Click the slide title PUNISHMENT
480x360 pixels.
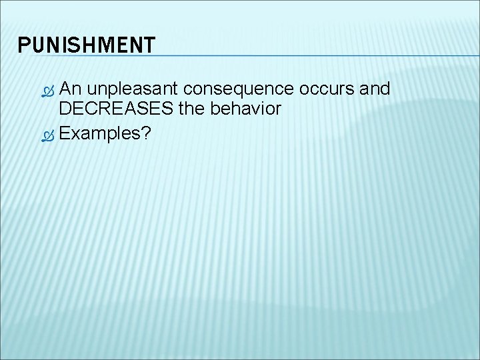87,45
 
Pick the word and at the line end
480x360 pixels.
375,89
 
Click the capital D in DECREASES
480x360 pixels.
65,109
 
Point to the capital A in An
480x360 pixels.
65,89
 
